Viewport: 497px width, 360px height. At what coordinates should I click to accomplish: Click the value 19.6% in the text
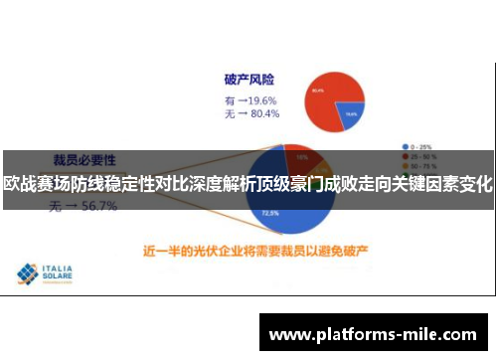tap(261, 99)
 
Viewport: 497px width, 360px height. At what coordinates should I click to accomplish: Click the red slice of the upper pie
tap(324, 94)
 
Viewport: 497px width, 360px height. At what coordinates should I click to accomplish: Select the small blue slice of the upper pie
tap(350, 113)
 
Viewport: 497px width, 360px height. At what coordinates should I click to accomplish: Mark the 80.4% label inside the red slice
tap(317, 90)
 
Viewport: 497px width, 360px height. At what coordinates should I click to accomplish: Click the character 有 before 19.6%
tap(231, 99)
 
